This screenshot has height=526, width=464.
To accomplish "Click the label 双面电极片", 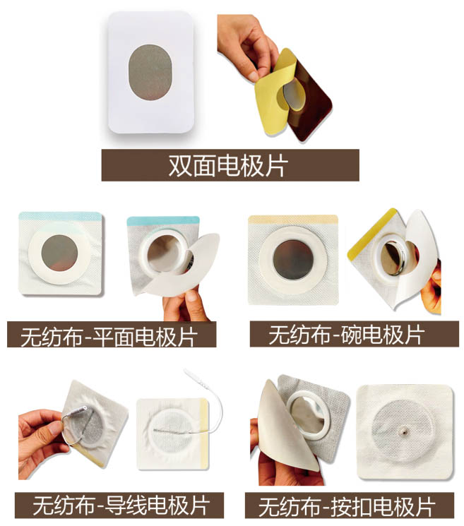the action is coord(228,166).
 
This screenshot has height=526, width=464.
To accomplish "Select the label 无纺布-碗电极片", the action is coord(347,335).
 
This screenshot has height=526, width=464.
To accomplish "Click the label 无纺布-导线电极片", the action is coord(121,506).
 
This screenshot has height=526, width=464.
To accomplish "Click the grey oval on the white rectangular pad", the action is coord(150,72).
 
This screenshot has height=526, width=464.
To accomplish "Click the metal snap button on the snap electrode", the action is coord(403,432).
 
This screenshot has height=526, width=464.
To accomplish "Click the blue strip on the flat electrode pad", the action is coord(61,215).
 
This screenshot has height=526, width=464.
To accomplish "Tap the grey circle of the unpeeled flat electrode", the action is coord(60,252).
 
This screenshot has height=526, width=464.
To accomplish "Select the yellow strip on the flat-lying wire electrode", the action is coord(203,434).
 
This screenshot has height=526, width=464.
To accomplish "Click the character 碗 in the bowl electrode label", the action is coord(351,335).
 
